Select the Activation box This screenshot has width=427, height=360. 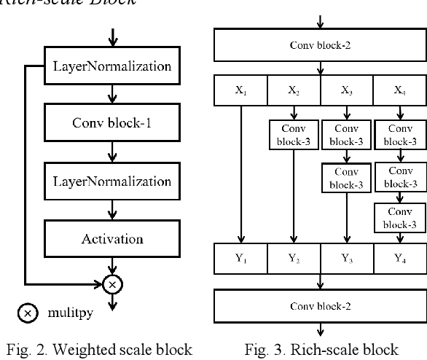(111, 238)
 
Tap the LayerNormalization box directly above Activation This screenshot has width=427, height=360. (111, 181)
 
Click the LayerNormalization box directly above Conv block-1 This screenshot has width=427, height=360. (111, 67)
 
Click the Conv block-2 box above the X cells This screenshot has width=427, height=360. (320, 44)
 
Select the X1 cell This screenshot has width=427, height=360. (240, 92)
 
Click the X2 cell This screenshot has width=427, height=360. (294, 92)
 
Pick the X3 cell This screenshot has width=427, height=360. (347, 92)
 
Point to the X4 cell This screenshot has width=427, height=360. (399, 92)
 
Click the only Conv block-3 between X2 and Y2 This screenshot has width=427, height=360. (294, 133)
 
